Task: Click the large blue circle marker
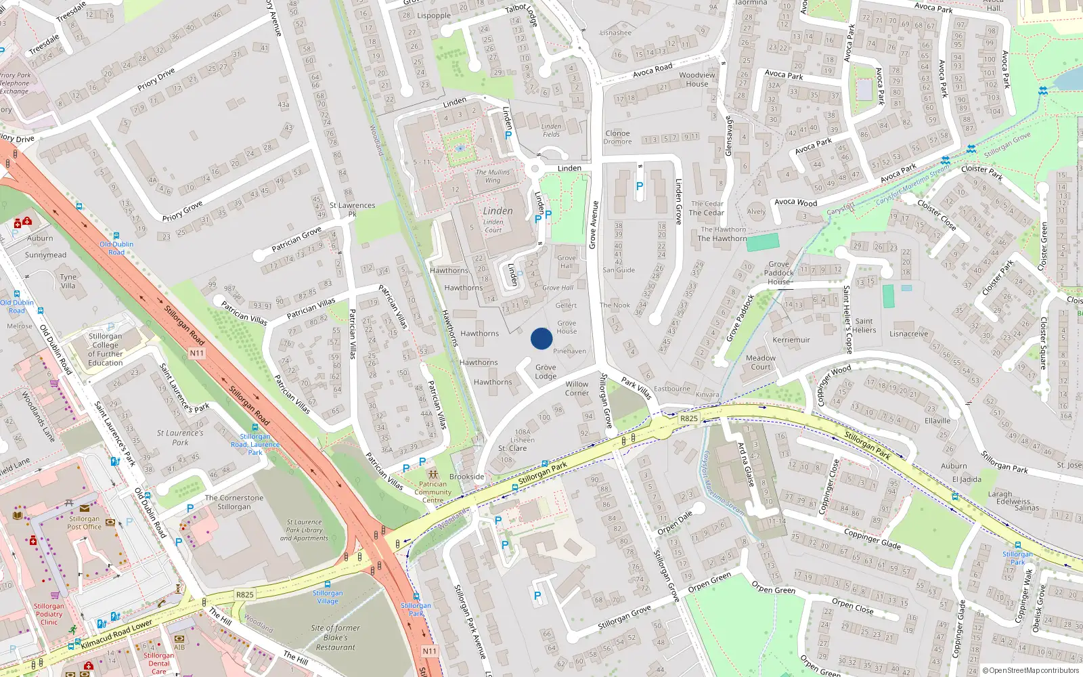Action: [x=541, y=338]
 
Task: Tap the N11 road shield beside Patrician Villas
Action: [x=196, y=353]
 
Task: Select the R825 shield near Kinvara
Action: [x=688, y=418]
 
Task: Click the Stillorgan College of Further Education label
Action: [x=106, y=349]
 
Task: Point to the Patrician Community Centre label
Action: [x=433, y=492]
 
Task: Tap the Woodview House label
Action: [x=697, y=79]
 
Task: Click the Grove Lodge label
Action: [x=546, y=372]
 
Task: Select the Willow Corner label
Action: [x=577, y=388]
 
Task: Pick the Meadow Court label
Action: [x=761, y=362]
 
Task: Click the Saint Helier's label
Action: [x=864, y=326]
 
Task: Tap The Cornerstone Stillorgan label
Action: [x=234, y=502]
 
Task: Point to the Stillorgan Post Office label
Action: [x=85, y=523]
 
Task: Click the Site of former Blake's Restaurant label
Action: [x=336, y=637]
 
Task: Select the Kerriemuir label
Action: [x=791, y=340]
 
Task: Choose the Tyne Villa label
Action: [x=68, y=281]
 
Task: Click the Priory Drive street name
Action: [x=156, y=79]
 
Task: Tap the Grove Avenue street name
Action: [x=593, y=224]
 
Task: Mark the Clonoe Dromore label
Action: [x=617, y=137]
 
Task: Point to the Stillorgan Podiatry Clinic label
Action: [x=49, y=614]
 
